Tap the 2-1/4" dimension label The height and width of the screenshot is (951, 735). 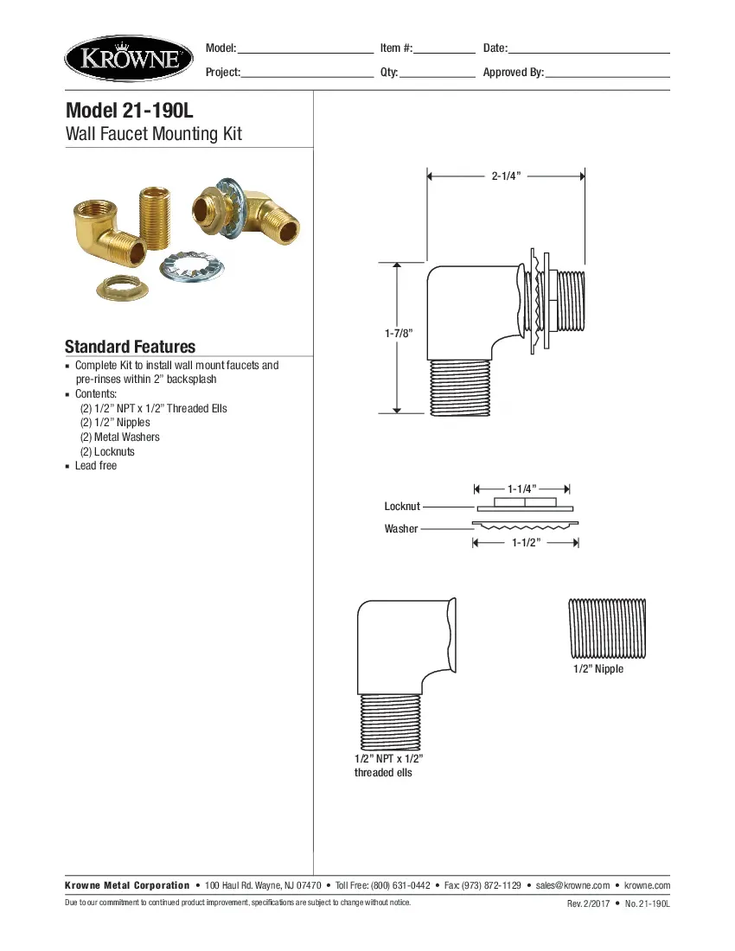(506, 176)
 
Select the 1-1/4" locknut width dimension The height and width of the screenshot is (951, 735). (522, 489)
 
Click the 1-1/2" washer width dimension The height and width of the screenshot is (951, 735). (526, 543)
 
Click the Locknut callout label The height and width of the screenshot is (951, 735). (402, 506)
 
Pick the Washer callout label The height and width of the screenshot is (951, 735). (401, 528)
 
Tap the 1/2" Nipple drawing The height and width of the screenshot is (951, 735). (607, 628)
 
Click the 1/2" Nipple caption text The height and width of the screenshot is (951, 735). (598, 669)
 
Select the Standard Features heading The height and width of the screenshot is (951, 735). (130, 347)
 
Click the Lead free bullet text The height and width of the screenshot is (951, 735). (96, 466)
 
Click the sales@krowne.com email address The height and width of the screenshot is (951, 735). (572, 885)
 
